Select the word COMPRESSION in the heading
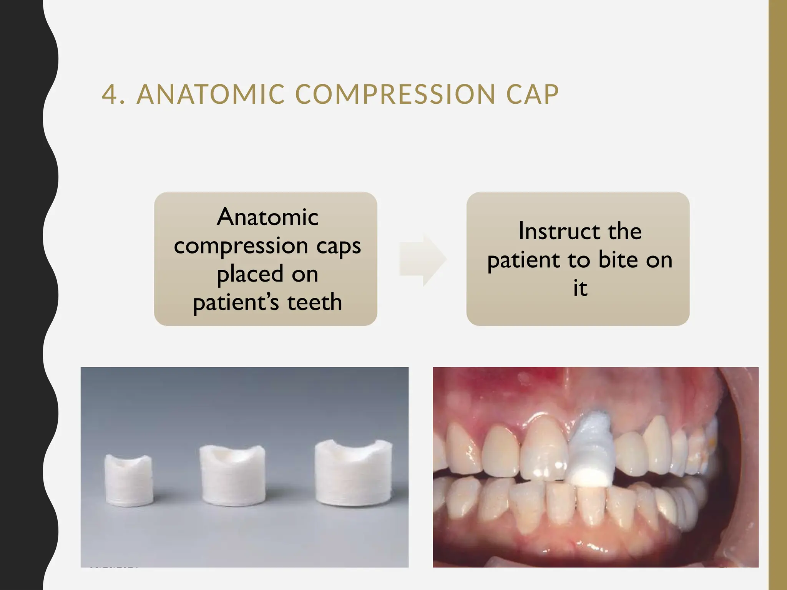click(x=395, y=94)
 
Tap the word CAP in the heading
click(x=532, y=94)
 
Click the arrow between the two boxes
click(x=422, y=259)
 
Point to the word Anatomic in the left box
click(x=267, y=217)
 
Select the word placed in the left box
click(x=246, y=274)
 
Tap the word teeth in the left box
click(x=314, y=302)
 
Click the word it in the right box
click(x=580, y=288)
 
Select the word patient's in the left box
click(x=236, y=302)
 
